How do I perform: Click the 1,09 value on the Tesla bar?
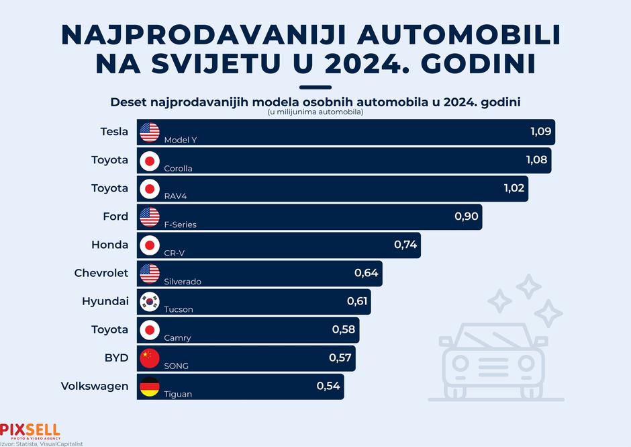pyautogui.click(x=540, y=131)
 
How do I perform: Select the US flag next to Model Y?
pyautogui.click(x=150, y=132)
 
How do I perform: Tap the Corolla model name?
pyautogui.click(x=178, y=168)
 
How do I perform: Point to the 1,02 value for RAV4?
pyautogui.click(x=514, y=188)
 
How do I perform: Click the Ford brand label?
pyautogui.click(x=115, y=216)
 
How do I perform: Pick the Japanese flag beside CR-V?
pyautogui.click(x=150, y=245)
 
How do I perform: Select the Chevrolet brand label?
pyautogui.click(x=101, y=273)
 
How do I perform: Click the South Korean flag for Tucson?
pyautogui.click(x=150, y=301)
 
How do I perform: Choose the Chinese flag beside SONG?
pyautogui.click(x=150, y=358)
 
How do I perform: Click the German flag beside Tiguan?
pyautogui.click(x=150, y=386)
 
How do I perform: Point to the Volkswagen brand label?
pyautogui.click(x=95, y=386)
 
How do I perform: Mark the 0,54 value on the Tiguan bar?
pyautogui.click(x=328, y=386)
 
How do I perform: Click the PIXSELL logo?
pyautogui.click(x=30, y=430)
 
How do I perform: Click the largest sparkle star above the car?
pyautogui.click(x=549, y=313)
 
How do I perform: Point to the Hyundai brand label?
pyautogui.click(x=105, y=301)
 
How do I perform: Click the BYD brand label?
pyautogui.click(x=116, y=358)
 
